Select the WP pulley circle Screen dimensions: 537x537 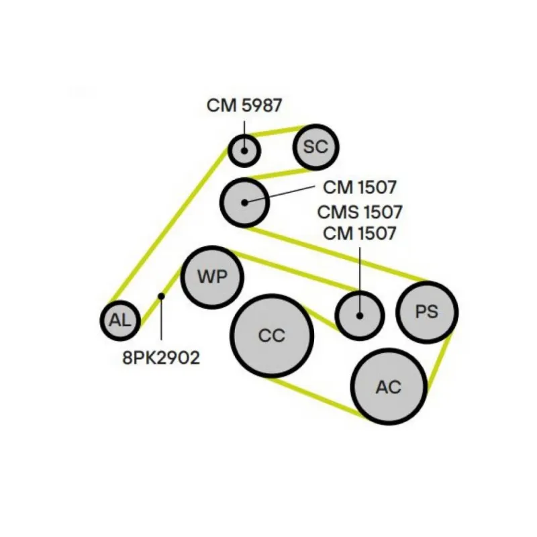tap(212, 277)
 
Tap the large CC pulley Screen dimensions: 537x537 tap(272, 335)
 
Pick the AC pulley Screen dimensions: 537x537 tap(389, 386)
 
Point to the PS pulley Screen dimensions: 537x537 tap(426, 312)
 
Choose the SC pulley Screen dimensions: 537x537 tap(315, 147)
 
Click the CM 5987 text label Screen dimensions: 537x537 tap(244, 105)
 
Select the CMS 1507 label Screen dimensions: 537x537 tap(360, 213)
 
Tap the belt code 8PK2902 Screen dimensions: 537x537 tap(161, 358)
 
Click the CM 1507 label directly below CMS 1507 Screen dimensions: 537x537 tap(360, 234)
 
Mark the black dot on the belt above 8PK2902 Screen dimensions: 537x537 tap(161, 295)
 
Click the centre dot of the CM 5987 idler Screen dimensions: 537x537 tap(244, 150)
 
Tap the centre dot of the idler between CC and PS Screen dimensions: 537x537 tap(359, 315)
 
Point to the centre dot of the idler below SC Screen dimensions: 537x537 tap(245, 201)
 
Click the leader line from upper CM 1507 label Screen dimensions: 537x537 tap(282, 195)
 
